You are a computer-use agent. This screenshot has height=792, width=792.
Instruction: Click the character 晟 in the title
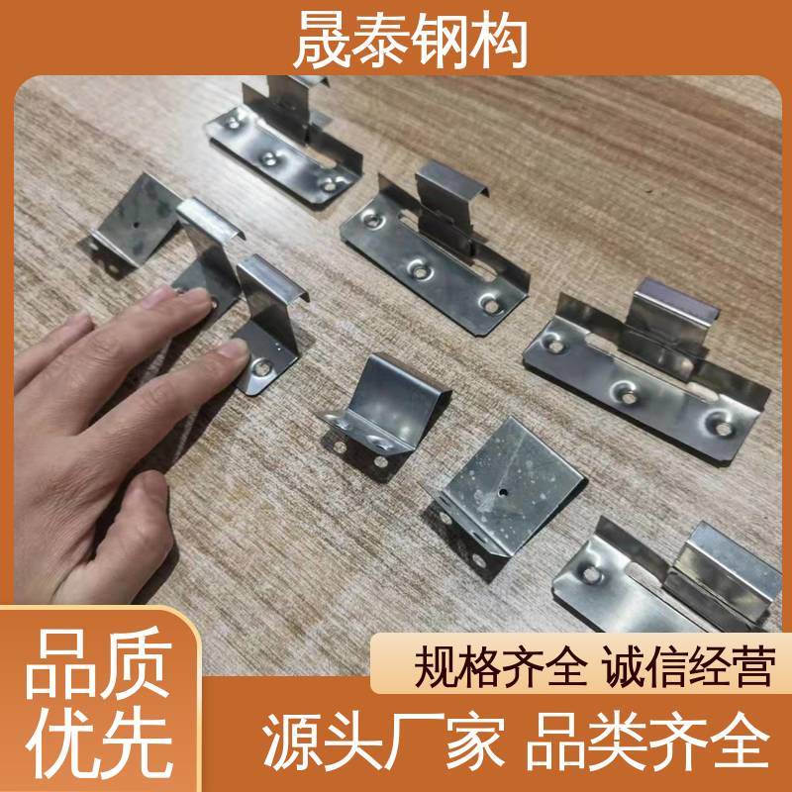pos(323,40)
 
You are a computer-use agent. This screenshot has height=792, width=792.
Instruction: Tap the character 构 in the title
pos(499,40)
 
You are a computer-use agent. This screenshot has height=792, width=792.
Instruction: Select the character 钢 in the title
pos(440,40)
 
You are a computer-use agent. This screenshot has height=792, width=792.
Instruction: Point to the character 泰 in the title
pos(381,40)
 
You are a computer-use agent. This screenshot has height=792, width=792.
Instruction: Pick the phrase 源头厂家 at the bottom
pos(383,742)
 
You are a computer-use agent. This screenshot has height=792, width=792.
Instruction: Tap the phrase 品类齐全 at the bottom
pos(648,742)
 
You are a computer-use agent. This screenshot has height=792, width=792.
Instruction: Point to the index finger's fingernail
pos(233,348)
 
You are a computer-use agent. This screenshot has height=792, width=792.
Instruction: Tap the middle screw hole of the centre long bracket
pos(419,271)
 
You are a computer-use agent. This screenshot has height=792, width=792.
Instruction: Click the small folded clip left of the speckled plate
pos(385,414)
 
